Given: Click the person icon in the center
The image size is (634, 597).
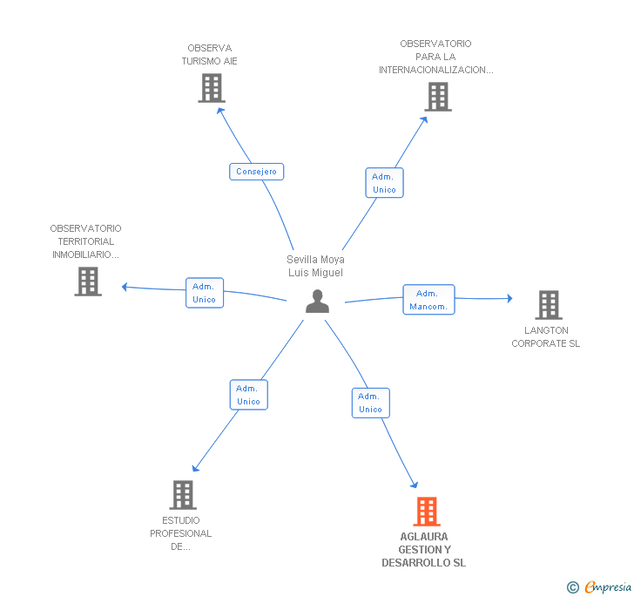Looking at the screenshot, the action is coord(317,302).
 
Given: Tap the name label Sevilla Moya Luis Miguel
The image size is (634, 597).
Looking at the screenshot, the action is coord(315,266).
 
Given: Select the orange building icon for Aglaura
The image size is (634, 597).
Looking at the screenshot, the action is coord(427,512).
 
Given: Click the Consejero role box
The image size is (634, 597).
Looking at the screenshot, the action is coord(256,172).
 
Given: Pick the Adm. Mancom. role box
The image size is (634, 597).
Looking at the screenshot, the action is coord(428,300).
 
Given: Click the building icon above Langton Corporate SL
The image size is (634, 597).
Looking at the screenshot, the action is coord(549,305).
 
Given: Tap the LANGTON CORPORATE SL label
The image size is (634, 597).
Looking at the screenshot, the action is coord(546,336).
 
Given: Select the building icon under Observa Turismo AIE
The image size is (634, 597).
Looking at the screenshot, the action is coord(212,88).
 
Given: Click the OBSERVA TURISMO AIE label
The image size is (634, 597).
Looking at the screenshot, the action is coord(209,55).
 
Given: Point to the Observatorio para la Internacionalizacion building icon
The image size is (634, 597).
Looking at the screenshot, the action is coord(438,97).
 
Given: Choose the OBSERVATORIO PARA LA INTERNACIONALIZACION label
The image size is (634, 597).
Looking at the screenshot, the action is coord(435,57).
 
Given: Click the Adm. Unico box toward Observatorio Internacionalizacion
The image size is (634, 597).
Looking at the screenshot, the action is coord(385,183).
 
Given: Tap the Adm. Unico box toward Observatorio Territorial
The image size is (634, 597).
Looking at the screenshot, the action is coord(205,293).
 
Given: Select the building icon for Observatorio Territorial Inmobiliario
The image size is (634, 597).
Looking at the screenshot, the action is coord(88,282).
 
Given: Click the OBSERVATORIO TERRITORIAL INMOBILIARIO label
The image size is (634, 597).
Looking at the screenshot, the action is coord(85,241).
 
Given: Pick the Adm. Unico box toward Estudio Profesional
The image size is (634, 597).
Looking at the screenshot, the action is coord(249,395).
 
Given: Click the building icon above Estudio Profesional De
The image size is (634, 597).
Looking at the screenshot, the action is coord(183,495).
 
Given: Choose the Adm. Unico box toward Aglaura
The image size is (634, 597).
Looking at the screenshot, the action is coord(371,403).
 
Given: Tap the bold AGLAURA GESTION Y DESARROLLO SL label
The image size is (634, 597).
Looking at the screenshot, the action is coord(424,550).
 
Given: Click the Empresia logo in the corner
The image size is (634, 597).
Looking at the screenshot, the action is coord(599,587).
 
